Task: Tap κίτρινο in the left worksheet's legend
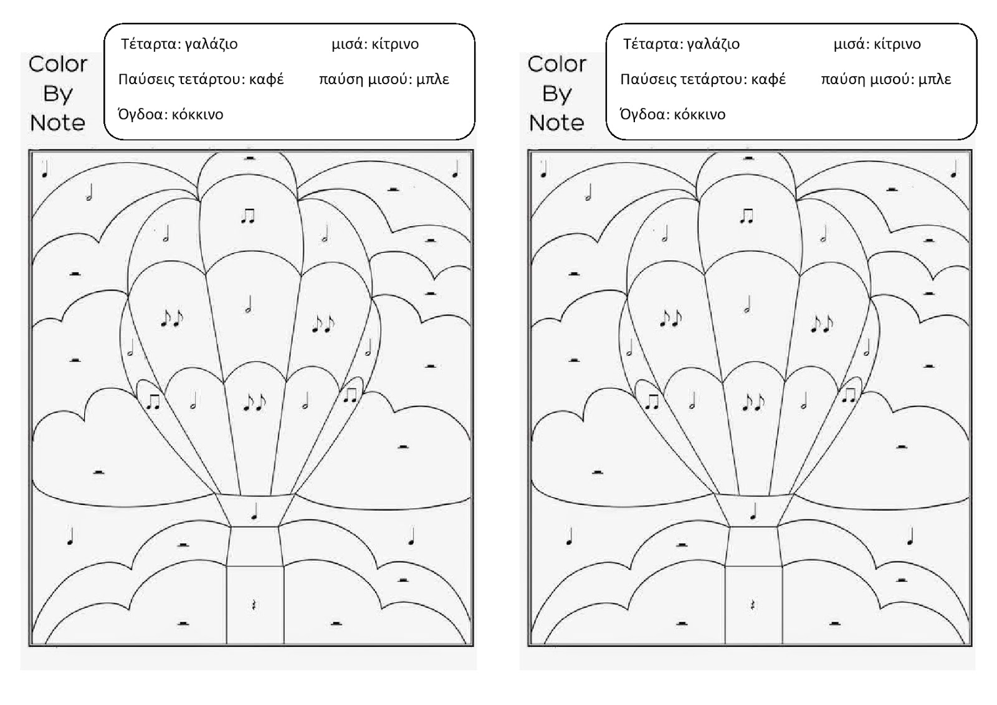(395, 44)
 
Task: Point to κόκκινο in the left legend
(197, 115)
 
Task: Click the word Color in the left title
(58, 64)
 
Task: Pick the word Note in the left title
(57, 123)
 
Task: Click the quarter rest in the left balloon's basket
(254, 604)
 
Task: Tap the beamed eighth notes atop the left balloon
(248, 216)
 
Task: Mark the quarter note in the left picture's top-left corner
(45, 170)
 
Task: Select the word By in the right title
(556, 94)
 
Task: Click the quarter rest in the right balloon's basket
(753, 604)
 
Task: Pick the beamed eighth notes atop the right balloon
(747, 216)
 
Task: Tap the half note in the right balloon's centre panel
(748, 305)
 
